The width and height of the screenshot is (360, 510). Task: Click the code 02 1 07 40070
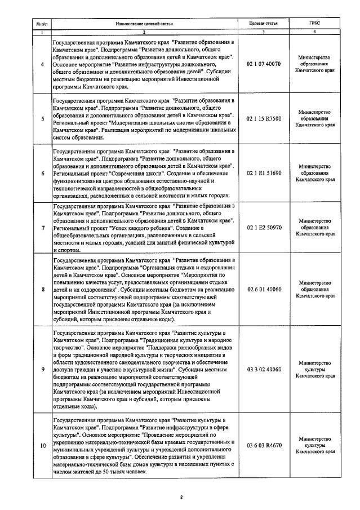[x=264, y=65]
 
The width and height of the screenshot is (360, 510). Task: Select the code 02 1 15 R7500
[x=264, y=119]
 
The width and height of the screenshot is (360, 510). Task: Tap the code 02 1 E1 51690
[x=264, y=172]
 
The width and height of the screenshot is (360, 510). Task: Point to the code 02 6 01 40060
[x=264, y=289]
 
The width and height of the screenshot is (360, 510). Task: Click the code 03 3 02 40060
[x=264, y=367]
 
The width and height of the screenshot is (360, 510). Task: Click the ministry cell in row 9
[x=315, y=367]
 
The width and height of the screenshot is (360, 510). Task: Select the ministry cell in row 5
[x=315, y=119]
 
